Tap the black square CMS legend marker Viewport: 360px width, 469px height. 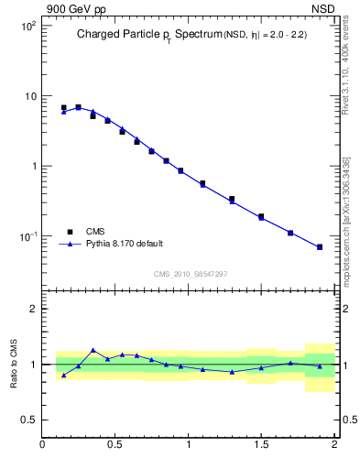(70, 232)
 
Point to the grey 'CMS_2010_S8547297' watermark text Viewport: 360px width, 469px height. (191, 274)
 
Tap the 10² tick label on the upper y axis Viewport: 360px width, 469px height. (26, 26)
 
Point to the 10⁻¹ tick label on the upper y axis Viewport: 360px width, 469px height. (26, 236)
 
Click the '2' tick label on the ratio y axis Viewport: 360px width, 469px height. (31, 309)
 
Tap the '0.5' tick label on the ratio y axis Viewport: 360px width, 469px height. (27, 420)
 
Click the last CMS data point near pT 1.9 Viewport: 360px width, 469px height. (320, 247)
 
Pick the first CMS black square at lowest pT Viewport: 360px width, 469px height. (63, 108)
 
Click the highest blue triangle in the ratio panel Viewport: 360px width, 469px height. (93, 350)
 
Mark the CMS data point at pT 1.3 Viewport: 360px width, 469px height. (232, 199)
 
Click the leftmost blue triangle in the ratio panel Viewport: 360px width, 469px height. (63, 376)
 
